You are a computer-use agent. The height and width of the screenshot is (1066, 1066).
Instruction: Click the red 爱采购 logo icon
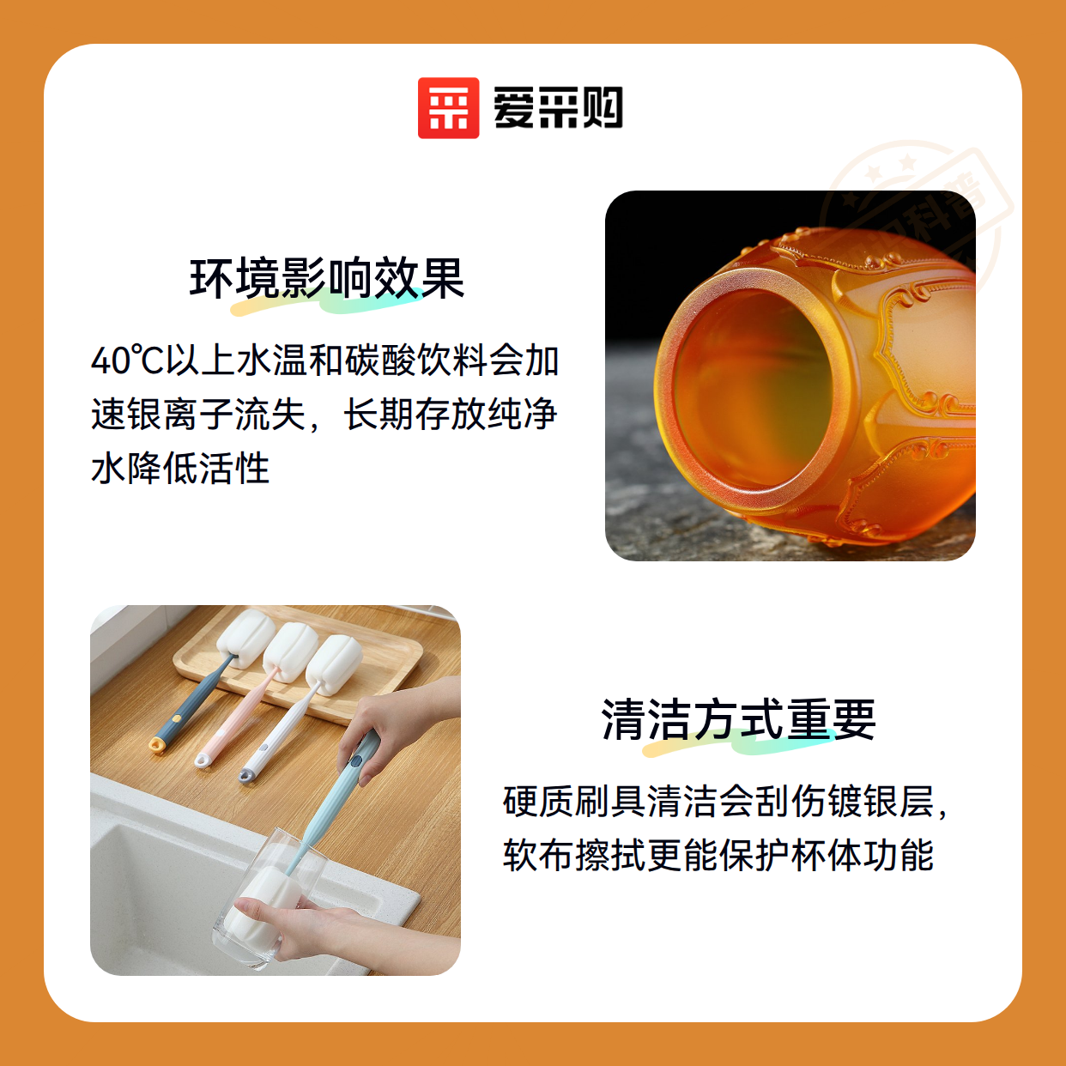tap(448, 108)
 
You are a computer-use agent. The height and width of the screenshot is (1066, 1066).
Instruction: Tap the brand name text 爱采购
tap(558, 108)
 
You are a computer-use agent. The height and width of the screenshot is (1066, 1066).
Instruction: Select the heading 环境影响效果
tap(327, 278)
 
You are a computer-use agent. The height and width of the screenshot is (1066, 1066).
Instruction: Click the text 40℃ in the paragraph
tap(128, 360)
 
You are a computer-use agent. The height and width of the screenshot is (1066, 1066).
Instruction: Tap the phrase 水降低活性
tap(180, 468)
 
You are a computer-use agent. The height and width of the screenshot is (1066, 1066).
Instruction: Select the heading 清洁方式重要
tap(739, 719)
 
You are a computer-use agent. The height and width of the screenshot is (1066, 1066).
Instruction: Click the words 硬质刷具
tap(573, 802)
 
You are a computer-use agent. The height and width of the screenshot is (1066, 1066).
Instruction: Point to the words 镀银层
tap(881, 802)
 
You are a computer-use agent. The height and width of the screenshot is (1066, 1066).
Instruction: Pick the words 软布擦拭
tap(573, 855)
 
